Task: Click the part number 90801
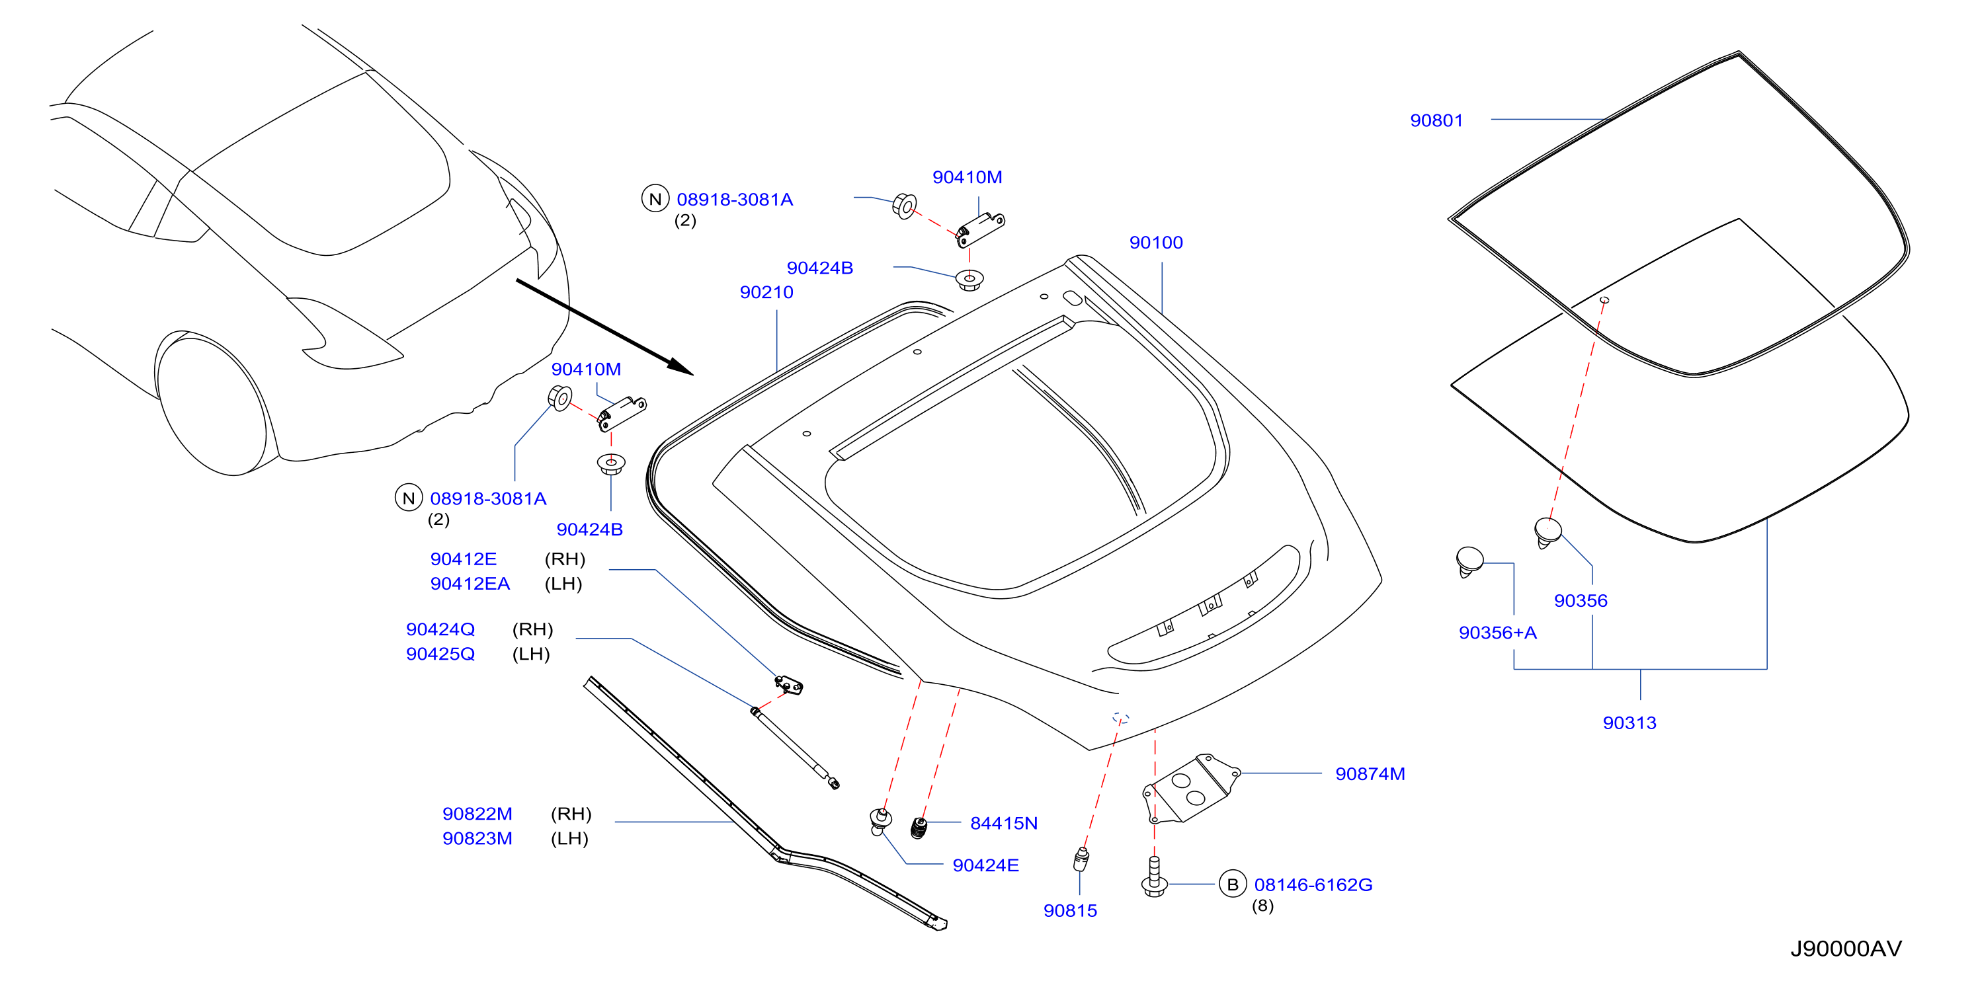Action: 1436,120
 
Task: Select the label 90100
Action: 1155,243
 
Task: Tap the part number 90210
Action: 766,292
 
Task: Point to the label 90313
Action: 1629,723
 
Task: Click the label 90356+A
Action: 1497,633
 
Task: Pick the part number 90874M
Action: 1370,775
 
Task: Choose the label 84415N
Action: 1004,824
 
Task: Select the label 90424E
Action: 985,866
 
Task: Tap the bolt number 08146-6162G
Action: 1313,885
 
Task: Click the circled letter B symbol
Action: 1233,884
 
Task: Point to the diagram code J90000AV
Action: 1846,949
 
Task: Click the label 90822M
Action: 477,814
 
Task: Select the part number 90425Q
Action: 440,654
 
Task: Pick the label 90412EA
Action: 470,584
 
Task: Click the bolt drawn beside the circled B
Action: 1154,877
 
